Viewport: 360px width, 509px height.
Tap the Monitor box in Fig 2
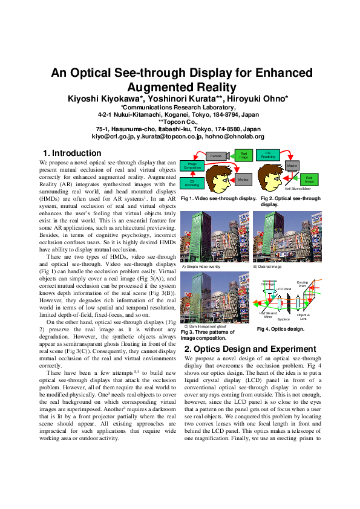point(293,164)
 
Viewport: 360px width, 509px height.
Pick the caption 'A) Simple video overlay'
point(201,266)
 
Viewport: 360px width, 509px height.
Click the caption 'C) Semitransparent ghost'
point(204,326)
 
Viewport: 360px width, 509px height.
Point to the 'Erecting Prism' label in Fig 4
point(319,284)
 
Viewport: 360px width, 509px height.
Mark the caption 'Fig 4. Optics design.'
point(280,329)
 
